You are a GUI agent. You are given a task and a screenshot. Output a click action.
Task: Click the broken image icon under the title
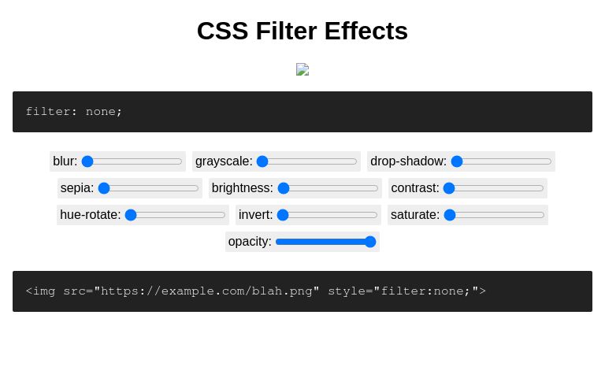(302, 69)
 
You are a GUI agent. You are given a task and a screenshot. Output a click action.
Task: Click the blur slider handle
(87, 161)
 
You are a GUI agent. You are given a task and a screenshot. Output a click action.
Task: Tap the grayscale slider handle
(262, 161)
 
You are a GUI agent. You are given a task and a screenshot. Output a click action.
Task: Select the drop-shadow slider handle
(457, 161)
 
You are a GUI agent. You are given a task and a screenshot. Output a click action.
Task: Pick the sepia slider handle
(104, 188)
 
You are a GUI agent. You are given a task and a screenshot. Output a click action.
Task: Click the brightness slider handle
(284, 188)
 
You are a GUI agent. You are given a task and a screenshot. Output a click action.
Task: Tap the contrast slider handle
(449, 188)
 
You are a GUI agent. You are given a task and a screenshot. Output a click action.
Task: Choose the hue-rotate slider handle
(131, 215)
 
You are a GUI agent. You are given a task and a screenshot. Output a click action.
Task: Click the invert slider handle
(283, 215)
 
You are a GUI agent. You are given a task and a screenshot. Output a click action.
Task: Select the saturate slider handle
(450, 215)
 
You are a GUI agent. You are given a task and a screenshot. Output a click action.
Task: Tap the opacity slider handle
(370, 242)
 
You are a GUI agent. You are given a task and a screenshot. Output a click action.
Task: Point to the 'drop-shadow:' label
(408, 161)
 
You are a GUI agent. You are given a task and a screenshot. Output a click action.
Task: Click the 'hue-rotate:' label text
(91, 215)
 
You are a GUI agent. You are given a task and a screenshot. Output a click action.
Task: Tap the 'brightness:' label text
(243, 188)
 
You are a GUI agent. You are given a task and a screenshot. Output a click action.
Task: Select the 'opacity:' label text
(250, 242)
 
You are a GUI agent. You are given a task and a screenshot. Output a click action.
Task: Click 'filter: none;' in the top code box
(74, 112)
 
